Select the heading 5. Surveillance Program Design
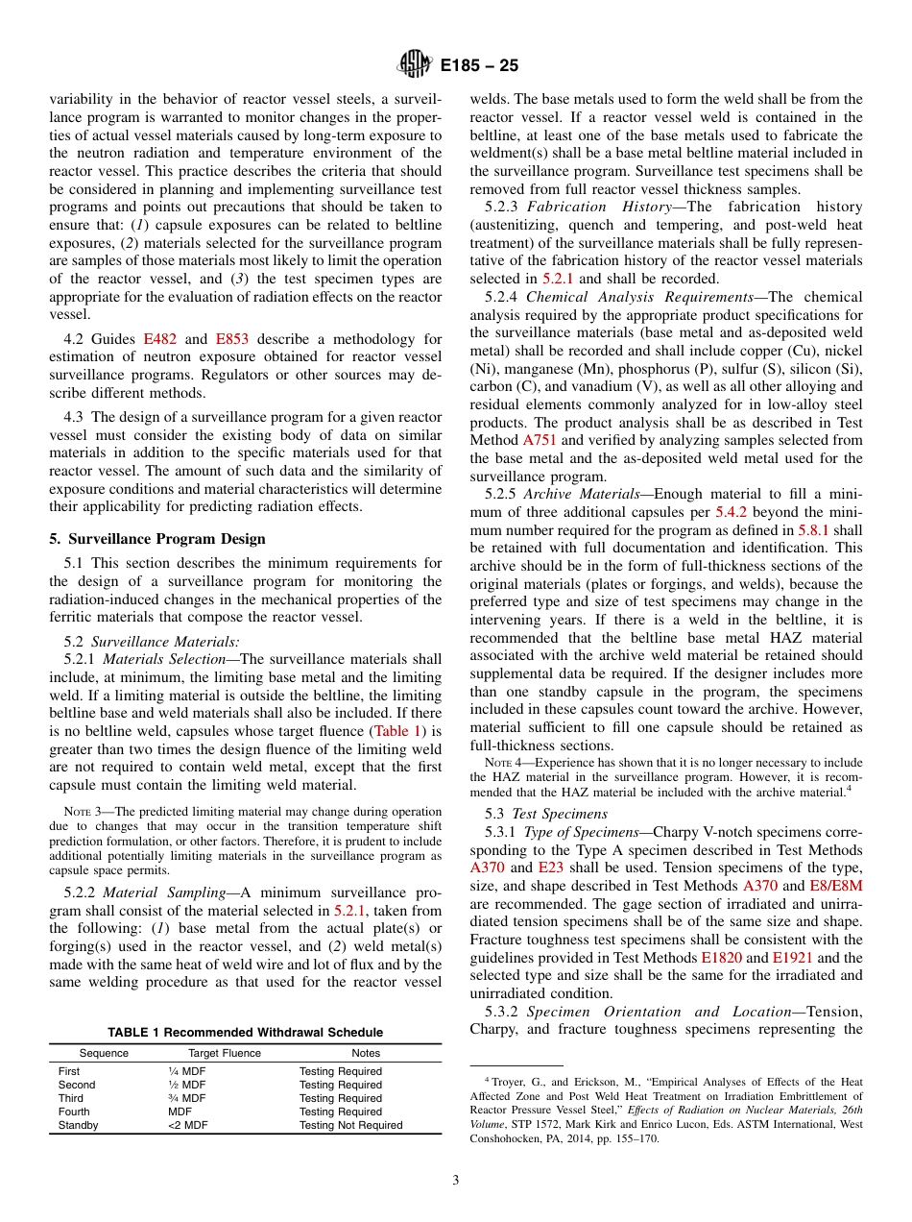pyautogui.click(x=157, y=538)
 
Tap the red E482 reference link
pyautogui.click(x=159, y=338)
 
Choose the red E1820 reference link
pyautogui.click(x=719, y=957)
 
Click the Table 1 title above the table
pyautogui.click(x=245, y=1032)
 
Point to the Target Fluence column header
pyautogui.click(x=225, y=1053)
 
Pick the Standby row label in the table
pyautogui.click(x=78, y=1125)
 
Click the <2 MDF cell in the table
pyautogui.click(x=188, y=1125)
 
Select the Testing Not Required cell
pyautogui.click(x=350, y=1125)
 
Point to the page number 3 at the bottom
pyautogui.click(x=455, y=1180)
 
